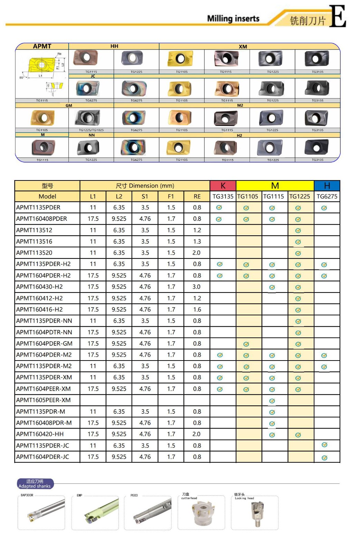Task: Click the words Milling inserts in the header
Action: coord(233,19)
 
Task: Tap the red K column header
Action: coord(223,186)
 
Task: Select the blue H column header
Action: coord(327,186)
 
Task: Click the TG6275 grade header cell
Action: coord(327,196)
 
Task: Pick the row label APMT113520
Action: coord(34,253)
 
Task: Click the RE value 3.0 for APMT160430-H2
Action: coord(196,287)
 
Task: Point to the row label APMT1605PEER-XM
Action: coord(43,400)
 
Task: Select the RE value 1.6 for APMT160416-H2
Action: coord(197,309)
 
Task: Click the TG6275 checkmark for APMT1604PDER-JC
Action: coord(324,457)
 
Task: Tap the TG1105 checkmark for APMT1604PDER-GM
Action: coord(246,344)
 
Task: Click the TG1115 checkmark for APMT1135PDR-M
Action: coord(272,412)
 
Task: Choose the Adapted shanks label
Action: coord(35,484)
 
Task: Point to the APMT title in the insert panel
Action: coord(42,46)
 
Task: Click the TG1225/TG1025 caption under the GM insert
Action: coord(91,130)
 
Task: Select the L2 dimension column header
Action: coord(119,196)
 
